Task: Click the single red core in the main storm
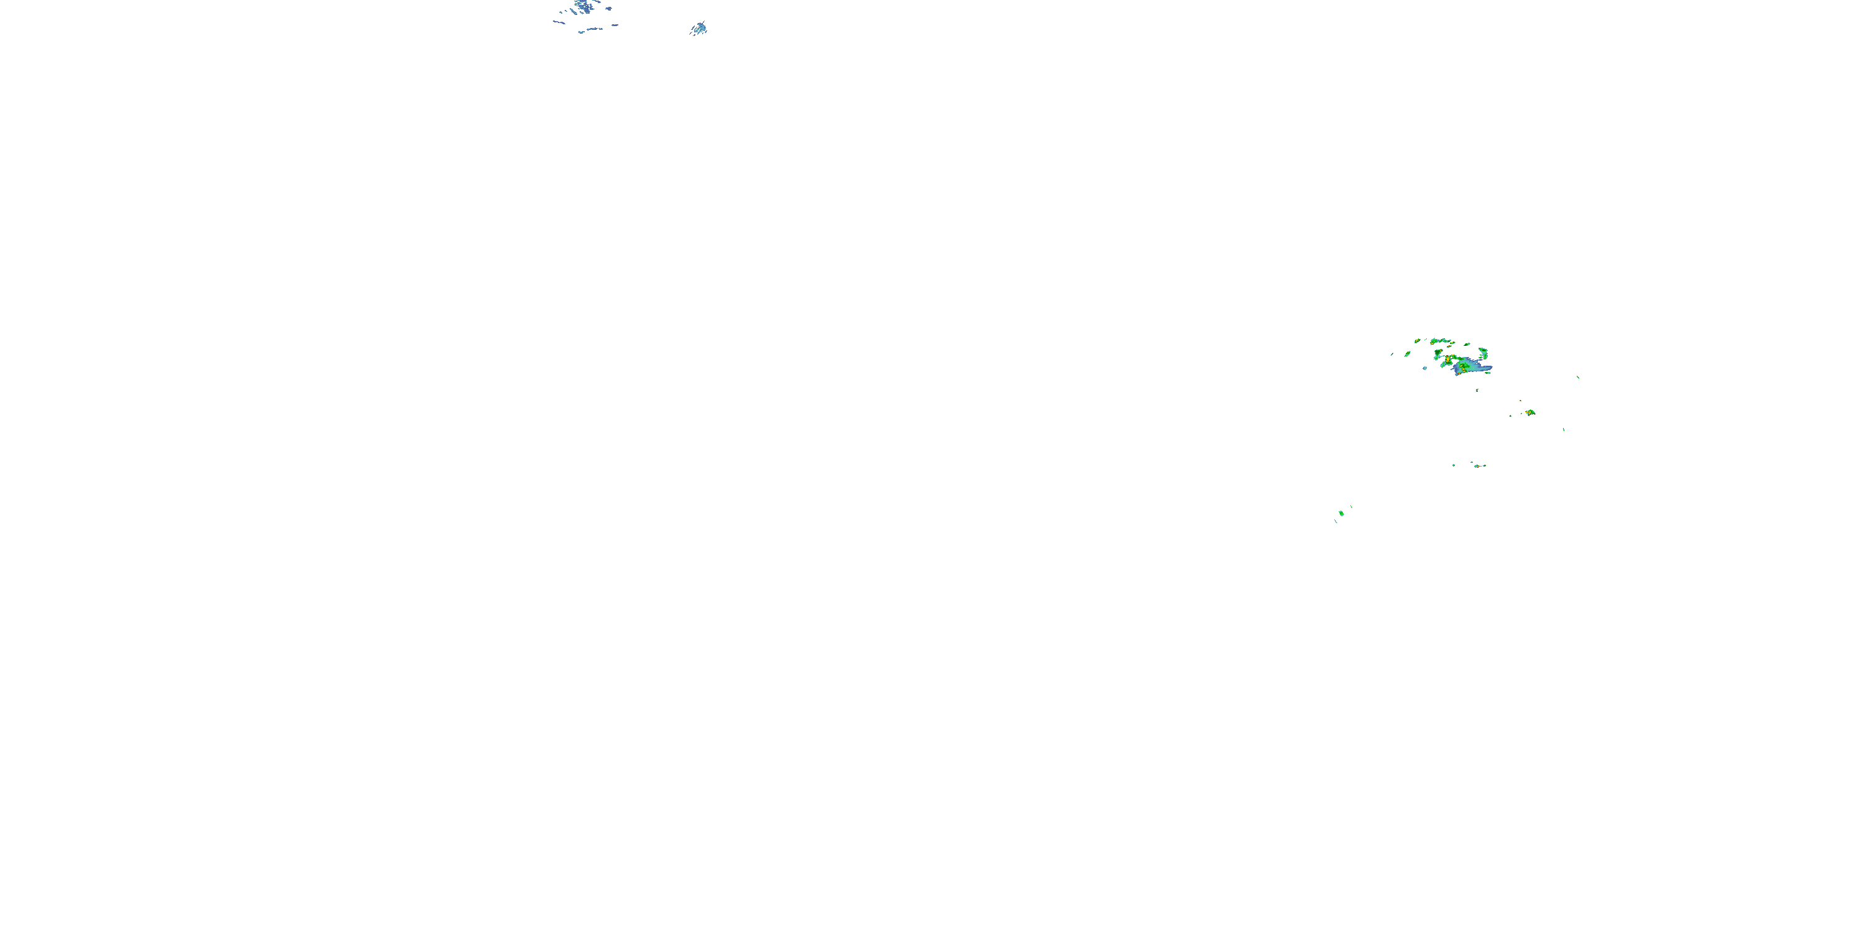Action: point(1459,374)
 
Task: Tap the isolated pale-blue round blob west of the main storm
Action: point(1425,368)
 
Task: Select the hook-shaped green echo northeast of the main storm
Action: point(1484,353)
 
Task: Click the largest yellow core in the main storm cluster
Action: point(1448,360)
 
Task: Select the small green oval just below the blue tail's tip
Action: point(1488,373)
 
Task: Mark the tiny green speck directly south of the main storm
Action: point(1477,391)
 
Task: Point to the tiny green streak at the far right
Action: point(1577,377)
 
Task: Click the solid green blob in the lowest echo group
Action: point(1342,514)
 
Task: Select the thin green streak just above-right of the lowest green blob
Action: point(1352,507)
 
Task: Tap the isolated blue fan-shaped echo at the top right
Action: point(698,28)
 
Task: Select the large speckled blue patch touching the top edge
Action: point(583,7)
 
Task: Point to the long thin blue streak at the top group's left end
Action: point(558,22)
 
